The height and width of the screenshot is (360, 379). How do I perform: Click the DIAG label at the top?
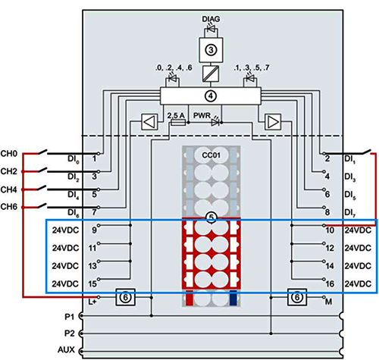coord(211,19)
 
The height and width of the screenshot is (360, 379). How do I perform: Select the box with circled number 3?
coord(211,50)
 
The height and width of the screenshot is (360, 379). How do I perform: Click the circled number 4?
coord(211,96)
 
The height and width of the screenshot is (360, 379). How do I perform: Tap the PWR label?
coord(202,115)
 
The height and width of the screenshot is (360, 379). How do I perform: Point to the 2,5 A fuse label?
coord(176,115)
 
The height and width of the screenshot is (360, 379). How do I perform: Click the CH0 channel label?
coord(9,154)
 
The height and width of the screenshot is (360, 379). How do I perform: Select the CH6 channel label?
coord(9,207)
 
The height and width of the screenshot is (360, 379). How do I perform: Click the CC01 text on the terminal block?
coord(211,155)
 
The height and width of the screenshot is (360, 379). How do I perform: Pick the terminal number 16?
coord(330,284)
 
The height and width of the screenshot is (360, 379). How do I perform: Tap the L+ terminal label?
coord(92,302)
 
